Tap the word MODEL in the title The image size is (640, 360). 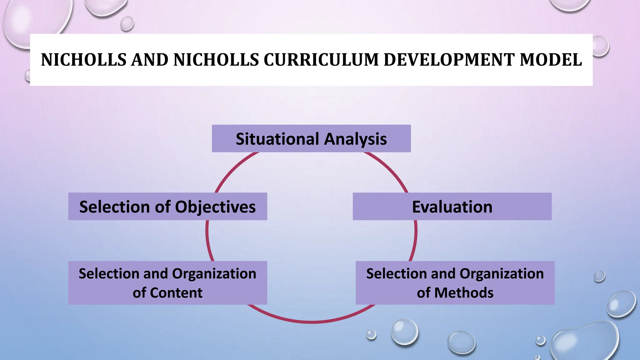coord(551,60)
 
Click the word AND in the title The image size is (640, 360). coord(150,60)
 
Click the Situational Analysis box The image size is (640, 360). coord(311,138)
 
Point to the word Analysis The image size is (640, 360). coord(355,139)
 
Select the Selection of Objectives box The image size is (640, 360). coord(167,207)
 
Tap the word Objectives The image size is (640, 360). coord(215,207)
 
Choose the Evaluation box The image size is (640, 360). coord(452,207)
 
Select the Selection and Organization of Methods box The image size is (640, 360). coord(455,283)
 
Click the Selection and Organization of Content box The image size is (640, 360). coord(167,283)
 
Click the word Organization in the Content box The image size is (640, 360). coord(214,274)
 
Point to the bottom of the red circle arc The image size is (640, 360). coord(311,321)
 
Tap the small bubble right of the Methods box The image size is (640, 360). coord(599,276)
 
